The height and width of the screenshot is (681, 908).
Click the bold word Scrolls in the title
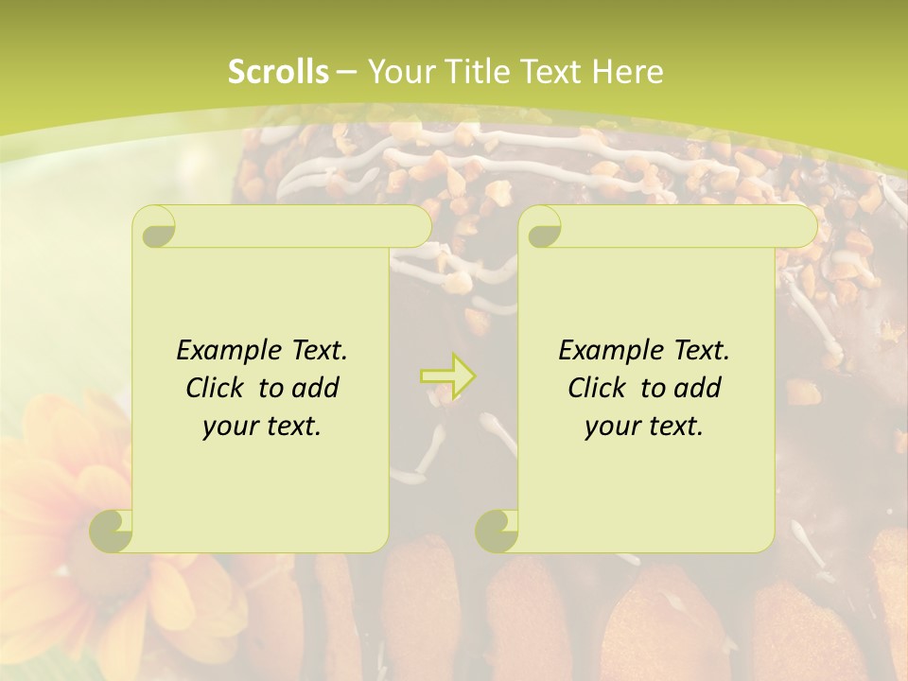[x=278, y=72]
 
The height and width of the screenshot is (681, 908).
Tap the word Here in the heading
[x=627, y=72]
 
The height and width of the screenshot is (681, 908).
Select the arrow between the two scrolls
[x=447, y=376]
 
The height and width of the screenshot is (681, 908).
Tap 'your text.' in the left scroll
[x=262, y=426]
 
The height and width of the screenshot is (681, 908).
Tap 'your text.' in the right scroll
[x=644, y=426]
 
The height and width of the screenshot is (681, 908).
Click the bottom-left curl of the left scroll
[x=113, y=531]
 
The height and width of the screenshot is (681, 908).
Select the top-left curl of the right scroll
[x=542, y=227]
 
